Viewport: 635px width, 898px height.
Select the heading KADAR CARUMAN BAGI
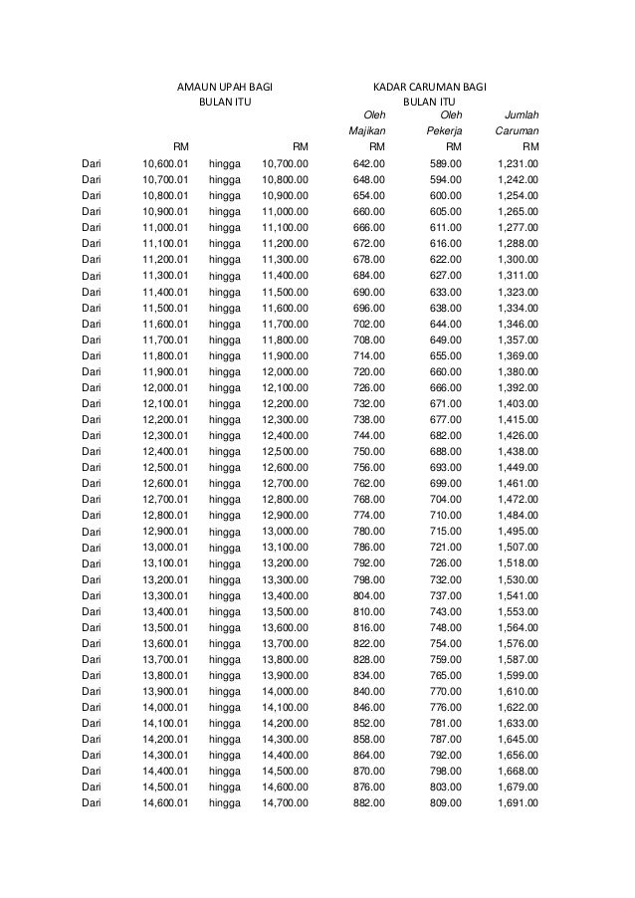[429, 87]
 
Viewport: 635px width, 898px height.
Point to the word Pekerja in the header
[443, 130]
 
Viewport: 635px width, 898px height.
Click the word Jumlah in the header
[522, 114]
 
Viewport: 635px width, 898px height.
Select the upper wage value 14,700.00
[285, 803]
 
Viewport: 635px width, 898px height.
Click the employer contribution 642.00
[370, 163]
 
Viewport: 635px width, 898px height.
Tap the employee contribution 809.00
[445, 803]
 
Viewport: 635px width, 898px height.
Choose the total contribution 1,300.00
[518, 259]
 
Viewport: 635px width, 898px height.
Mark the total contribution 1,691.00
[518, 803]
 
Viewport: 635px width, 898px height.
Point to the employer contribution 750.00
[370, 451]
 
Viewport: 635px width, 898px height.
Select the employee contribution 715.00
[445, 532]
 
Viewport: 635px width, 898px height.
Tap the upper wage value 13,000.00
[285, 532]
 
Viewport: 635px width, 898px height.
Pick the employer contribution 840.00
[370, 691]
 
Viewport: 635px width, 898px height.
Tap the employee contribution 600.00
[445, 195]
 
